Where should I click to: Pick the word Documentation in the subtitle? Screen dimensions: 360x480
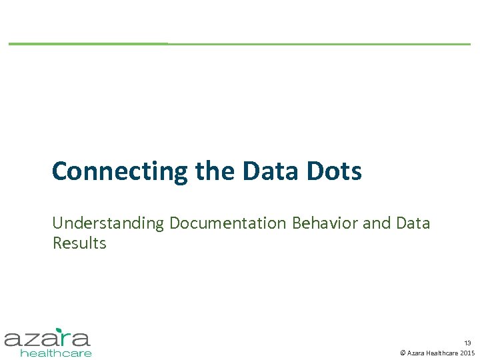pyautogui.click(x=229, y=223)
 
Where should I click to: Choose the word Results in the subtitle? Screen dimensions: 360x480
pyautogui.click(x=79, y=243)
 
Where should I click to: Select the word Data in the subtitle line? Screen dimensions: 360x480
pyautogui.click(x=413, y=223)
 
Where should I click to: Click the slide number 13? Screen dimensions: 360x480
pyautogui.click(x=467, y=342)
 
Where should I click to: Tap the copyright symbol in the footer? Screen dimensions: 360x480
pyautogui.click(x=402, y=353)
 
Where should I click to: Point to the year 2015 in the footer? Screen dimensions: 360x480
pyautogui.click(x=467, y=353)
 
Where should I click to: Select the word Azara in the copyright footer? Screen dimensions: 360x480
pyautogui.click(x=415, y=353)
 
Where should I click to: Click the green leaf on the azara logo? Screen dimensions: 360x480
pyautogui.click(x=59, y=329)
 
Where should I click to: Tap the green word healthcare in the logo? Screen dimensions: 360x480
pyautogui.click(x=56, y=353)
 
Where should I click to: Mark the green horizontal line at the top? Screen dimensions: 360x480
pyautogui.click(x=240, y=44)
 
